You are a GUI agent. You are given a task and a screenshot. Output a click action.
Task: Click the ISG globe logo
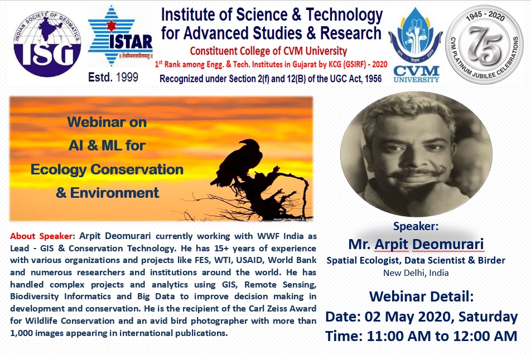(x=47, y=43)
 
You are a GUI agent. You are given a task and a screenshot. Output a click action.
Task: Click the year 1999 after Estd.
(x=127, y=77)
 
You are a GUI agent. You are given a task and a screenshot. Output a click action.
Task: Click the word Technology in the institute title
(x=344, y=15)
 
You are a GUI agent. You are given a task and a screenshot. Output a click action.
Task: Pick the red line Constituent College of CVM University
(x=268, y=51)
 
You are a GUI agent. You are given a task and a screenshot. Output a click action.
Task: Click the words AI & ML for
(x=107, y=145)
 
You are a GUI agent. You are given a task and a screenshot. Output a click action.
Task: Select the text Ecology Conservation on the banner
(x=107, y=169)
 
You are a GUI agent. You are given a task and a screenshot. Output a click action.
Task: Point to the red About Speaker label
(x=41, y=236)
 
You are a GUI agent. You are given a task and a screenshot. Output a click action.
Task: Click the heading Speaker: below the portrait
(x=416, y=226)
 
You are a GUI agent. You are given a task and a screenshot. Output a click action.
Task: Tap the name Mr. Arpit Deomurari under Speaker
(x=416, y=244)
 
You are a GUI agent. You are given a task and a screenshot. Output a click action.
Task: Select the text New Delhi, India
(x=416, y=273)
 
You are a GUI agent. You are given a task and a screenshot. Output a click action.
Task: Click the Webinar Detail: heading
(x=421, y=296)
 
